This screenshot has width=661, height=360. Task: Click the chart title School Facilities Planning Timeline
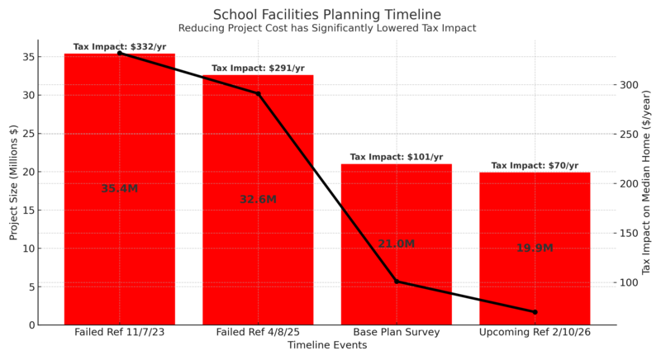tap(327, 14)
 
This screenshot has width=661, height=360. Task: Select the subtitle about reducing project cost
tap(327, 28)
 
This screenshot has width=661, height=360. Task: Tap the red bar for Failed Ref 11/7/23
tap(119, 248)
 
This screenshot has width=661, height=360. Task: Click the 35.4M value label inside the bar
tap(119, 188)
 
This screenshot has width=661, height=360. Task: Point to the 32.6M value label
tap(258, 199)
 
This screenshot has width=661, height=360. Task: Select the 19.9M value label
tap(535, 248)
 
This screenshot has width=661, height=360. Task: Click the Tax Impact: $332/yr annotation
tap(119, 47)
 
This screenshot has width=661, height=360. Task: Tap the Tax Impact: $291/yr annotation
tap(258, 69)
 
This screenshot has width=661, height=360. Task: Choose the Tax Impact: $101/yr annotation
tap(396, 157)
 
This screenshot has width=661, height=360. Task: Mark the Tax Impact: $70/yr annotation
tap(535, 165)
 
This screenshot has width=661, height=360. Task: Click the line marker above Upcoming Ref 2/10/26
tap(535, 312)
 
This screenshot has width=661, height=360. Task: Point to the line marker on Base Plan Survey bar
tap(396, 282)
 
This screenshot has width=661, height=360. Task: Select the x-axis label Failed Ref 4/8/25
tap(258, 332)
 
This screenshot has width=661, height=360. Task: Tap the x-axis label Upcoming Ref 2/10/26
tap(535, 332)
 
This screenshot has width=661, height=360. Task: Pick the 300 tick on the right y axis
tap(630, 85)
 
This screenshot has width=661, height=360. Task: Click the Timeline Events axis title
tap(327, 346)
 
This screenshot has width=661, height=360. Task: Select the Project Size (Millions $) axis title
tap(13, 182)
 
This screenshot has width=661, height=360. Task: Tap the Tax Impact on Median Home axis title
tap(647, 182)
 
